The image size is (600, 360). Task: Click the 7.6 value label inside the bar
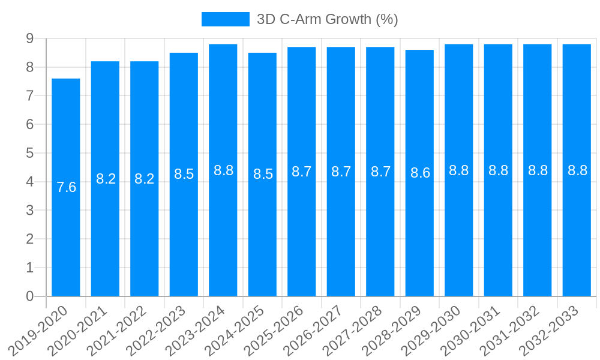[66, 187]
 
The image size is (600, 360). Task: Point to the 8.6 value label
[420, 173]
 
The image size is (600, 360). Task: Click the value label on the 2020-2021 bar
[106, 179]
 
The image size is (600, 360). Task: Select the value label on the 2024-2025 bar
[263, 174]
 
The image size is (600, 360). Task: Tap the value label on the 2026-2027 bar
[341, 172]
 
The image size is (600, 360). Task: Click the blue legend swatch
[225, 19]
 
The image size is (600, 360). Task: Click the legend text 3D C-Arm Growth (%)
[327, 19]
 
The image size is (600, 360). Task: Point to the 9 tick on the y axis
[29, 38]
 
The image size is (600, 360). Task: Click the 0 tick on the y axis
[29, 296]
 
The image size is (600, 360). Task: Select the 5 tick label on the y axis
[29, 153]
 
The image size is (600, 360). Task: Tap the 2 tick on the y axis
[29, 239]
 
